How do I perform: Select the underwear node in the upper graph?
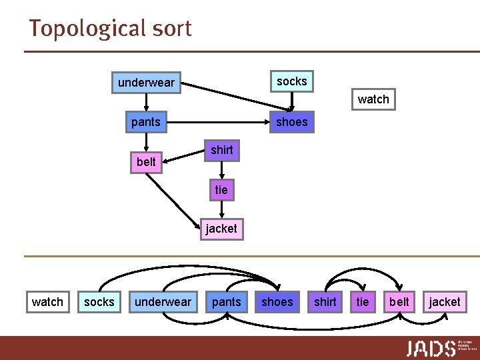(146, 83)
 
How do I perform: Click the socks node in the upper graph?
(291, 81)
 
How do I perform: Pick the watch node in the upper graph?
(373, 99)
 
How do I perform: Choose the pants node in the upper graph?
(146, 121)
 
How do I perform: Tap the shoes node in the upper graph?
(291, 121)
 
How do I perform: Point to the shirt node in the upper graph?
(221, 150)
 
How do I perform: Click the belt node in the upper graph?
(146, 162)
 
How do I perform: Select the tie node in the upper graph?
(221, 190)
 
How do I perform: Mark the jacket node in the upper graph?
(221, 229)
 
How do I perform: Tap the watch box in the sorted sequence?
(47, 302)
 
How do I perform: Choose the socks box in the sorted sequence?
(99, 302)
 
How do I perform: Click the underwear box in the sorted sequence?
(163, 302)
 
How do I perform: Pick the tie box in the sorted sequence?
(363, 302)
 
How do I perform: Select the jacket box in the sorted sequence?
(445, 302)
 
